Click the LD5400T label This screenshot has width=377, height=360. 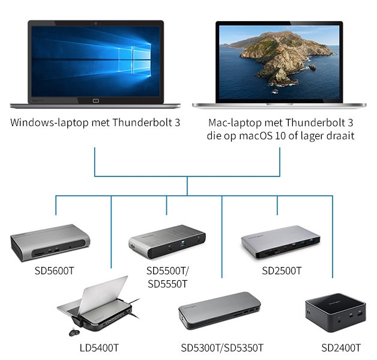point(100,347)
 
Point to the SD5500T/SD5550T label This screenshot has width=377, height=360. point(167,277)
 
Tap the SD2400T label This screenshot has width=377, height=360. point(341,347)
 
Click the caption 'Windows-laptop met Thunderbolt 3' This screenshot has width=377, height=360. point(95,123)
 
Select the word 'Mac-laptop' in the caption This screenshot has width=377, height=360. point(232,123)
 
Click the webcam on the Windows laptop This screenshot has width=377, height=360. point(96,23)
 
